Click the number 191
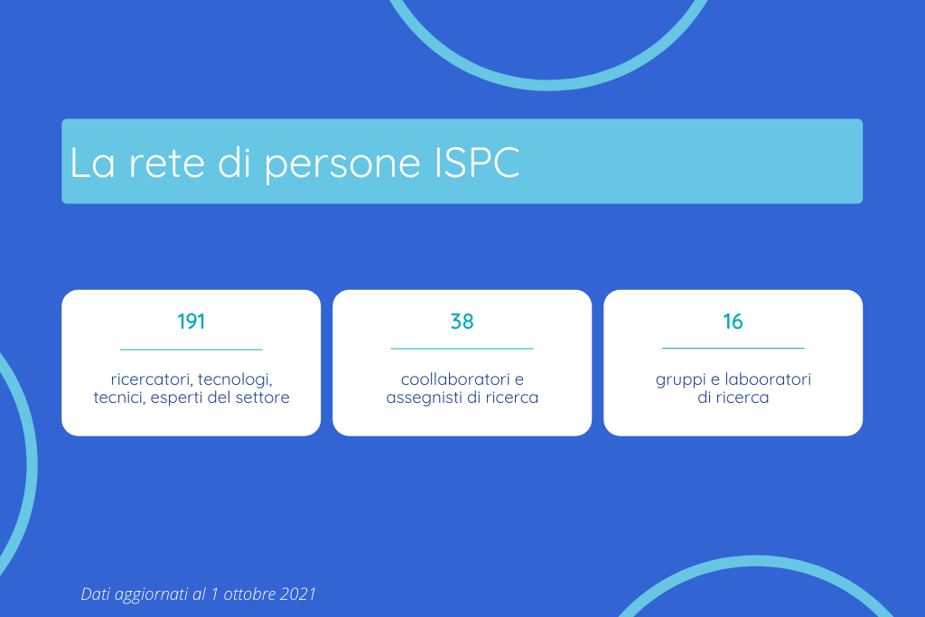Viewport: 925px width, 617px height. point(192,322)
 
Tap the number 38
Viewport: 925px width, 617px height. point(462,322)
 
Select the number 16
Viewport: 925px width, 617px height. point(733,322)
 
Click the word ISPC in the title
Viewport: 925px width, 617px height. point(477,163)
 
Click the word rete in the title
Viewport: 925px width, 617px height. point(167,164)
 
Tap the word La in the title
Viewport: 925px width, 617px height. point(92,163)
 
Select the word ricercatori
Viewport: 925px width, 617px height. point(152,379)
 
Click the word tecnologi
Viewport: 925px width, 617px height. point(235,380)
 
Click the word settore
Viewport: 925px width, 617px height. point(263,397)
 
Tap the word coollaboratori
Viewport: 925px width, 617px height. point(454,379)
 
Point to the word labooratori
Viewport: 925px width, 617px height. point(768,379)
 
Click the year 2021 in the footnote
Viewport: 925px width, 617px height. point(298,594)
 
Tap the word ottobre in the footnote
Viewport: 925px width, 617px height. point(249,594)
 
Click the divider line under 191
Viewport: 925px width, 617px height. point(192,350)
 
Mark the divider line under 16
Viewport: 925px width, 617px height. point(733,348)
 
